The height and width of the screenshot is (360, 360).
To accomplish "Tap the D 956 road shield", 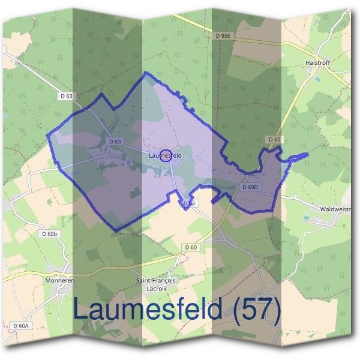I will click(x=223, y=36).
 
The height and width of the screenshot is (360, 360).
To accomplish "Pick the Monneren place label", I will click(x=59, y=280).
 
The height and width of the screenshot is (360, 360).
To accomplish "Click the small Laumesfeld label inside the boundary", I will click(x=165, y=155).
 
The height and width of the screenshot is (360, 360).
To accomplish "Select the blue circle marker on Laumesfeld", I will click(x=167, y=155).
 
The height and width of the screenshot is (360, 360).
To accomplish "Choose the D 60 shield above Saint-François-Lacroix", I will click(x=191, y=247).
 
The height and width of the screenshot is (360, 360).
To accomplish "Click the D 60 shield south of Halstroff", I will click(x=274, y=139).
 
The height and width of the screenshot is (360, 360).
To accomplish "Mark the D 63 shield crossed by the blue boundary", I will click(x=188, y=204).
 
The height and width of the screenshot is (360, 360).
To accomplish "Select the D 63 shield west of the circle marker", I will click(x=115, y=142).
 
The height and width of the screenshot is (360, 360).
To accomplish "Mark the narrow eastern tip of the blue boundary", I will click(x=305, y=155).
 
